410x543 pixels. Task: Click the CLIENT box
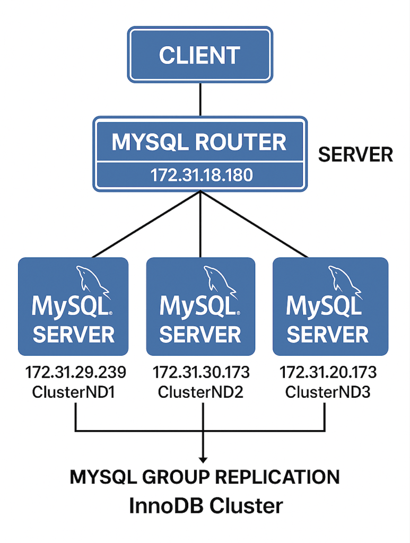(x=199, y=55)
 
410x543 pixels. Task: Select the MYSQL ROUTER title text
(x=199, y=142)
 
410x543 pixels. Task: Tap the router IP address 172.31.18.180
(x=199, y=176)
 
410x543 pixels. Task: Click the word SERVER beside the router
(x=355, y=155)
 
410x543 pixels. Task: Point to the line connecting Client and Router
(x=200, y=99)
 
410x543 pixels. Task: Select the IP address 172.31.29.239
(x=76, y=373)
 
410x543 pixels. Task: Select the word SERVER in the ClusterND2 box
(x=200, y=334)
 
